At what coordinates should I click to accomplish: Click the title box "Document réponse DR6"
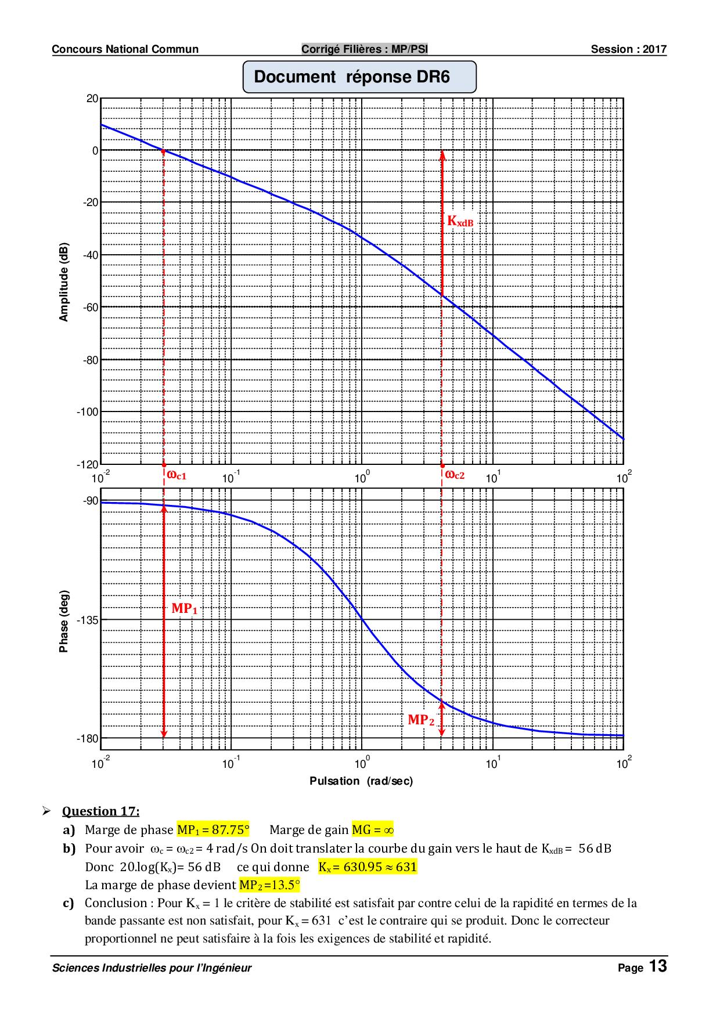359,77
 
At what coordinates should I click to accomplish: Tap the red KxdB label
460,221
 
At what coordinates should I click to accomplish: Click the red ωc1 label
177,475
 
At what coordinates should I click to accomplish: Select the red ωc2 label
455,475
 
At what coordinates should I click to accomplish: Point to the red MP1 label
184,609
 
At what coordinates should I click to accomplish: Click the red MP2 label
420,720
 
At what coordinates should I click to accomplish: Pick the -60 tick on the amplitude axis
90,307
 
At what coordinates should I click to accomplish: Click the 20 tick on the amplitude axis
92,98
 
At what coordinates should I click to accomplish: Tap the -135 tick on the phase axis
88,620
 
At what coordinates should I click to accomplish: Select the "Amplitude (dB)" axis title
64,281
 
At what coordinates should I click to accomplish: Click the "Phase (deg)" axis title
64,621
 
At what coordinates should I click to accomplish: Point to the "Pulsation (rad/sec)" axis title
361,781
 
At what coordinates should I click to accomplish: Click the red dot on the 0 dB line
163,151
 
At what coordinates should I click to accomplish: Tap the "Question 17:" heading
100,811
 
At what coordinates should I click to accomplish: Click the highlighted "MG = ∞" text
373,830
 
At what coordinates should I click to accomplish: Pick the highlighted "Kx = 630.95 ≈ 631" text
368,867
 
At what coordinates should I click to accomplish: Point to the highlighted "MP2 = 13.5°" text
269,885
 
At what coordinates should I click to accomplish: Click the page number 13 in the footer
658,967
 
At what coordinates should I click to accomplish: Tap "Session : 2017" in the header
628,49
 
